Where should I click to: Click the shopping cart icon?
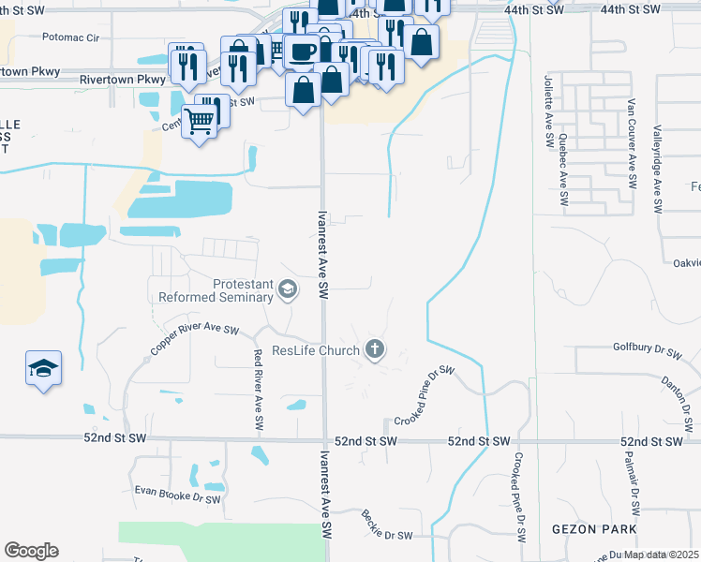[x=199, y=120]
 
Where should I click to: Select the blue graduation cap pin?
[x=43, y=369]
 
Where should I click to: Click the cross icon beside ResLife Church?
[x=374, y=350]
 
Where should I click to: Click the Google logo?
[x=31, y=551]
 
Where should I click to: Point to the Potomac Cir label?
[x=70, y=37]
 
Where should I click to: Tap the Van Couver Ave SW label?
[x=632, y=140]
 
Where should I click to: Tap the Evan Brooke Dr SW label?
[x=177, y=495]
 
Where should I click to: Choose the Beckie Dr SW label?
[x=387, y=525]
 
